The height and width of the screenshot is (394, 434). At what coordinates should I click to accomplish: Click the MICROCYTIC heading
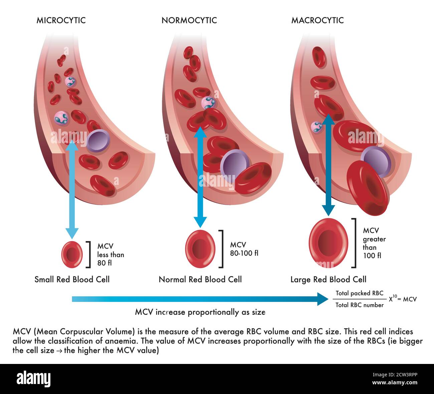coord(61,20)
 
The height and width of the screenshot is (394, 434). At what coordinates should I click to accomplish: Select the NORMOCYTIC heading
coord(189,20)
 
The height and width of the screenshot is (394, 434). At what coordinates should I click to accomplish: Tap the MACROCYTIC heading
coord(317,20)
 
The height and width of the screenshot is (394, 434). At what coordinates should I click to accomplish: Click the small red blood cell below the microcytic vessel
coord(72,254)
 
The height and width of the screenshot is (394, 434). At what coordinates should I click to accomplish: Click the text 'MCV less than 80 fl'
coord(110,254)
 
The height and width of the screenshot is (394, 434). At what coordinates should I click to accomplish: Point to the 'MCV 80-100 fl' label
coord(244,249)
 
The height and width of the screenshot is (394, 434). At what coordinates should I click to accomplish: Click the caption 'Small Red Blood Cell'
coord(72,279)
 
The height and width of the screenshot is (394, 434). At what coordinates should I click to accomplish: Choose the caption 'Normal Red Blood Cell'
coord(200,279)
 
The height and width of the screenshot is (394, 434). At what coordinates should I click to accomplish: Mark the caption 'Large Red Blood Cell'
coord(328,279)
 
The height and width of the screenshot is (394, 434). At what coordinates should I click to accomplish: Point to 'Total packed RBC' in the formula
coord(359,293)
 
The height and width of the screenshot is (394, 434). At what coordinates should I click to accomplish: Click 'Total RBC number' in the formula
coord(359,305)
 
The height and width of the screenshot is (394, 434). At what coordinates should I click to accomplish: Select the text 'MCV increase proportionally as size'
coord(200,312)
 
